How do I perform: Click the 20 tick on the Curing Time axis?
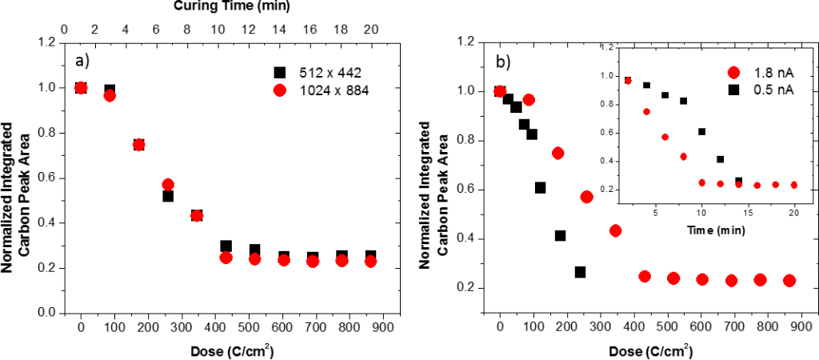tap(370, 29)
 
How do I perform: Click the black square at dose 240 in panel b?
tap(580, 272)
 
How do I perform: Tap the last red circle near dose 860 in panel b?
tap(789, 280)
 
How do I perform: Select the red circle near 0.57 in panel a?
tap(168, 185)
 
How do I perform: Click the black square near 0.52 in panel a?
tap(168, 195)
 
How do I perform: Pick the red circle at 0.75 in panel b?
tap(557, 153)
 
